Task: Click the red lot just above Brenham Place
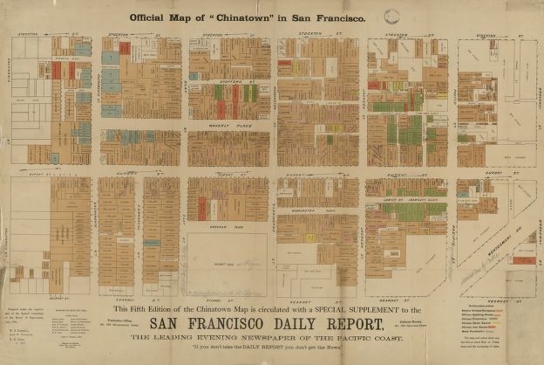pyautogui.click(x=201, y=209)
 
